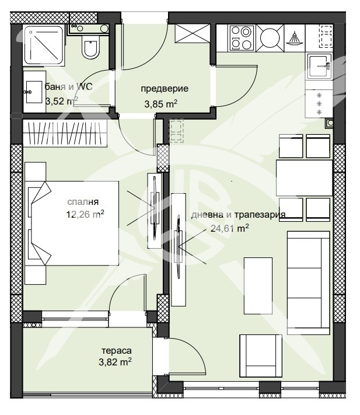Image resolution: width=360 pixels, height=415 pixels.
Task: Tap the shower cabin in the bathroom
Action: click(x=44, y=46)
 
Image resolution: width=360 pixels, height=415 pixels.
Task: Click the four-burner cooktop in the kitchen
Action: click(x=242, y=38)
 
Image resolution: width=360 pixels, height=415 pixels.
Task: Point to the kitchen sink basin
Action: click(x=319, y=67)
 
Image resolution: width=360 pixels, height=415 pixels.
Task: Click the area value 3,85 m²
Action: click(x=160, y=104)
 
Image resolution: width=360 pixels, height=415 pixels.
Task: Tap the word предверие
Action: click(x=165, y=89)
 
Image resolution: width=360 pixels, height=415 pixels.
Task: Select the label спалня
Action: click(x=83, y=202)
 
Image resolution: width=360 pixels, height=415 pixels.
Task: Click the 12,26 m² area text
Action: click(x=85, y=214)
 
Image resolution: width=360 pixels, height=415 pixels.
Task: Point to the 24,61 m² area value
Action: click(x=229, y=228)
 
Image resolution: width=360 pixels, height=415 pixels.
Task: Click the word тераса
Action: click(x=116, y=351)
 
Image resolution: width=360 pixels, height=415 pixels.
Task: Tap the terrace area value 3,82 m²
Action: click(x=115, y=362)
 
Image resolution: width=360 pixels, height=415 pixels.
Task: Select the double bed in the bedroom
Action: click(x=72, y=223)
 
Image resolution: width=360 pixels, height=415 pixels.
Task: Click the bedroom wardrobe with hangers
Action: click(x=65, y=133)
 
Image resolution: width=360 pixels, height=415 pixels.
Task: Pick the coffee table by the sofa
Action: click(x=258, y=286)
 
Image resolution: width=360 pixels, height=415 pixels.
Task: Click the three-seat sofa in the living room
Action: click(x=309, y=283)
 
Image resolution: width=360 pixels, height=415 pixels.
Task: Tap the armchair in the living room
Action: click(x=261, y=355)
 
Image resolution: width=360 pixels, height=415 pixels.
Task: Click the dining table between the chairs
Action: click(x=304, y=178)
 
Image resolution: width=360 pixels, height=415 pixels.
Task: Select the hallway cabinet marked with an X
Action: click(x=193, y=33)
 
